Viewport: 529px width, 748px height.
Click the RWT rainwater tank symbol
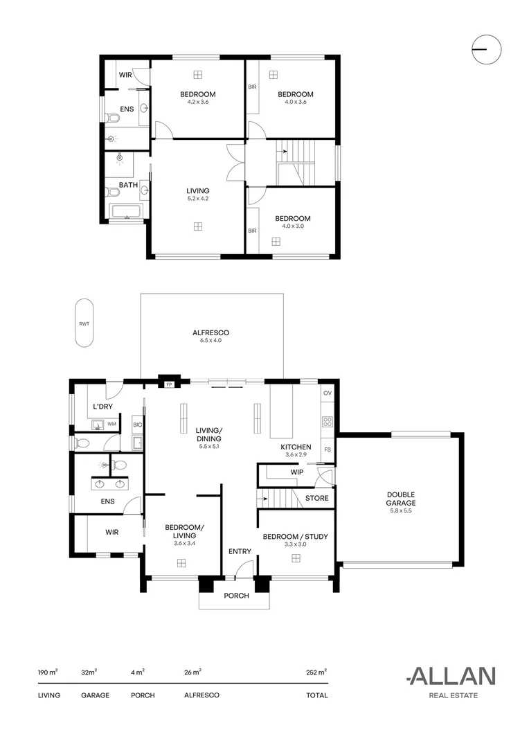coord(84,323)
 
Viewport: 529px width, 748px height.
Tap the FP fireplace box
coord(168,383)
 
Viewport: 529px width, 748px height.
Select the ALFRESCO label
coord(210,333)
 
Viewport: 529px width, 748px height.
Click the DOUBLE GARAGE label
coord(401,499)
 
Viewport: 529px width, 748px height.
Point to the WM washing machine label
coord(111,423)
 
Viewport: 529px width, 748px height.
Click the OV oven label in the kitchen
coord(328,393)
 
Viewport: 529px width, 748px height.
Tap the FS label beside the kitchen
coord(328,449)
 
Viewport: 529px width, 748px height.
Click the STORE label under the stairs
coord(316,498)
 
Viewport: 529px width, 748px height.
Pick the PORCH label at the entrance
coord(235,596)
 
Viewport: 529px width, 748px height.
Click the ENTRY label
coord(240,551)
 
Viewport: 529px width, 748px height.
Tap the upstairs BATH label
coord(127,185)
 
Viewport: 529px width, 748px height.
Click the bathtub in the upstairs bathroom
coord(125,212)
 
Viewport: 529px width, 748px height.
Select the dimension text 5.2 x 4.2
coord(197,198)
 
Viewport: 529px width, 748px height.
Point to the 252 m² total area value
coord(316,672)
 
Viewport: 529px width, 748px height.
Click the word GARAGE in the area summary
coord(95,695)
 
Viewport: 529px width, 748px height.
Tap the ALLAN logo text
coord(450,676)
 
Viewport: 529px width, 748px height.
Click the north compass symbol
coord(486,49)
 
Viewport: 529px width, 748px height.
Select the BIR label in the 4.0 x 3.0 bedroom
coord(252,231)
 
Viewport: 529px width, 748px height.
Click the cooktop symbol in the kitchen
coord(328,421)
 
